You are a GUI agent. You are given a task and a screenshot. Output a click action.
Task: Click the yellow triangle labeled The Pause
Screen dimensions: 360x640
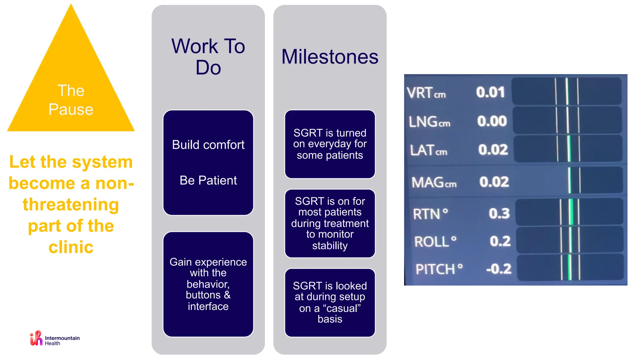(x=71, y=94)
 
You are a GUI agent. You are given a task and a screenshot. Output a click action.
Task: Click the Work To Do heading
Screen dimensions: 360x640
(x=208, y=57)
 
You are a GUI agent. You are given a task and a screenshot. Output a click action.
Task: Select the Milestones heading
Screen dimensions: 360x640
(x=330, y=57)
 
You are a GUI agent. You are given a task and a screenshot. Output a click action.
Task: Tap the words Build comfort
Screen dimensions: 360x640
(x=208, y=145)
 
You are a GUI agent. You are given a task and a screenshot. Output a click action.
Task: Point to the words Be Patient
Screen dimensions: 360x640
(x=208, y=180)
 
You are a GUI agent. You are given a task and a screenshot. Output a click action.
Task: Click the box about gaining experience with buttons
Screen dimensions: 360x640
(x=208, y=284)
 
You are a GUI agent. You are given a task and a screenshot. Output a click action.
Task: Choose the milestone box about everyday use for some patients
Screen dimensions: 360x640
(x=330, y=144)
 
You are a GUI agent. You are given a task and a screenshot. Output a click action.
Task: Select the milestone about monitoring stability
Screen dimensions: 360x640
(x=330, y=223)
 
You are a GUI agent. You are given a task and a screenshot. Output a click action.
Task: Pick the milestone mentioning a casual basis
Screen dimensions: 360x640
(x=330, y=302)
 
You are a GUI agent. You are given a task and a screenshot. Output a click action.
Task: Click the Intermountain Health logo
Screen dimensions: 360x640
(x=55, y=339)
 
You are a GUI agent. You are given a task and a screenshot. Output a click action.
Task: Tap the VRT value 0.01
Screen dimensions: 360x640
(x=490, y=92)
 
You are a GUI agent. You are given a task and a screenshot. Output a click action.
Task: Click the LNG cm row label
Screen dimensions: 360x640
(x=429, y=122)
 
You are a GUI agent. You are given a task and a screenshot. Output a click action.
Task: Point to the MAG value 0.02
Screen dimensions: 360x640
(x=494, y=182)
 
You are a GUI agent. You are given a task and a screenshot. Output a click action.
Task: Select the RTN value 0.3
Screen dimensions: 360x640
(x=499, y=213)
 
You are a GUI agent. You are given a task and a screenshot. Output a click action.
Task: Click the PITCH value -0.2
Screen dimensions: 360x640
(x=499, y=269)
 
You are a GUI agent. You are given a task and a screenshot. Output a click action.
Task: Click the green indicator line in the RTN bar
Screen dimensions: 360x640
(x=571, y=212)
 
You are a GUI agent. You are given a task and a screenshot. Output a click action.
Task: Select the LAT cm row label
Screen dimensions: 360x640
(x=428, y=150)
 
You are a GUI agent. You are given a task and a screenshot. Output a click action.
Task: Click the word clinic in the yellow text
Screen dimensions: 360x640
(x=71, y=247)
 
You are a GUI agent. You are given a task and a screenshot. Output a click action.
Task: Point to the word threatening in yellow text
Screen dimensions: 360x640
(x=71, y=204)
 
